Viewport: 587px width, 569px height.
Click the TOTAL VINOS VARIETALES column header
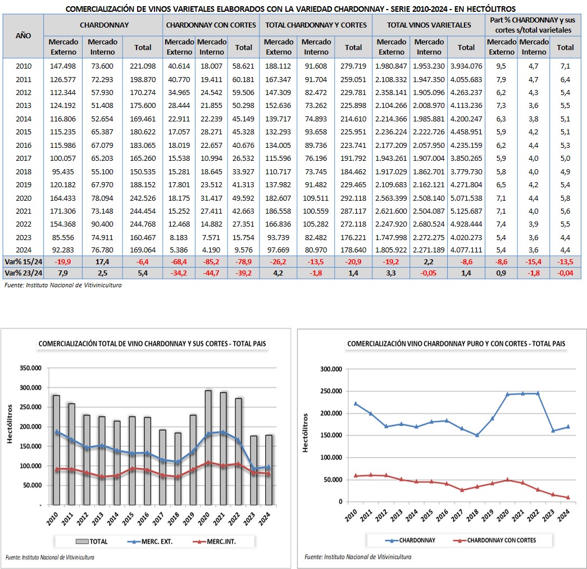pyautogui.click(x=429, y=25)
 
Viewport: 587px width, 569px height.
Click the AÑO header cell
pyautogui.click(x=23, y=35)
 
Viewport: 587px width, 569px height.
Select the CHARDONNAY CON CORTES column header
pyautogui.click(x=211, y=25)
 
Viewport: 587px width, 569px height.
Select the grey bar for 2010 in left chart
pyautogui.click(x=57, y=450)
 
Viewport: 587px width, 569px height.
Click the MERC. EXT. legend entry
pyautogui.click(x=151, y=541)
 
